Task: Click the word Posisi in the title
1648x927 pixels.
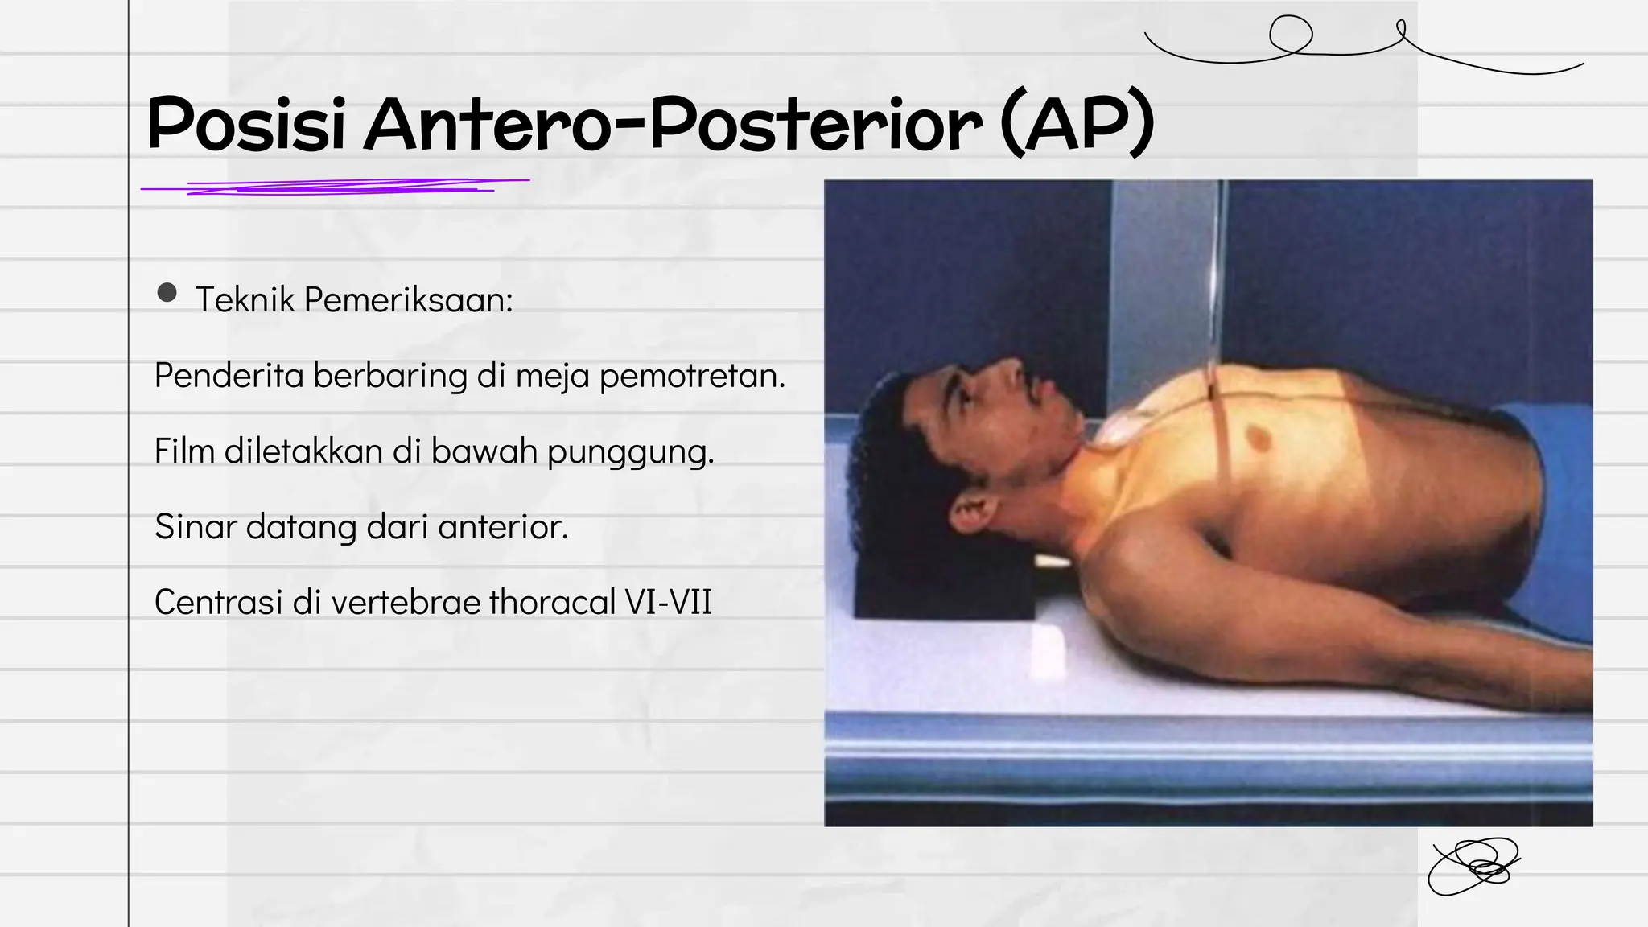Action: [x=246, y=124]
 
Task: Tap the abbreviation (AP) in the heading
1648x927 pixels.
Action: [x=1077, y=124]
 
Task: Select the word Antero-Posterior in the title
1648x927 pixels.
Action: [x=673, y=124]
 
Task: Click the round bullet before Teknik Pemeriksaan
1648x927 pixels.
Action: [x=167, y=292]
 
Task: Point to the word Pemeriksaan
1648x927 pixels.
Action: [x=408, y=300]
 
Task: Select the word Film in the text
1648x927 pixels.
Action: [x=184, y=451]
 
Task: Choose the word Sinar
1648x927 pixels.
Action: [x=196, y=527]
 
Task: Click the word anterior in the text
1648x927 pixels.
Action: [x=503, y=527]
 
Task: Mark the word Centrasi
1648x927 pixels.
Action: [x=218, y=602]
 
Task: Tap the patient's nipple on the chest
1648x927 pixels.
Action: [x=1255, y=437]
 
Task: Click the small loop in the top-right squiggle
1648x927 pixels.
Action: [x=1291, y=35]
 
